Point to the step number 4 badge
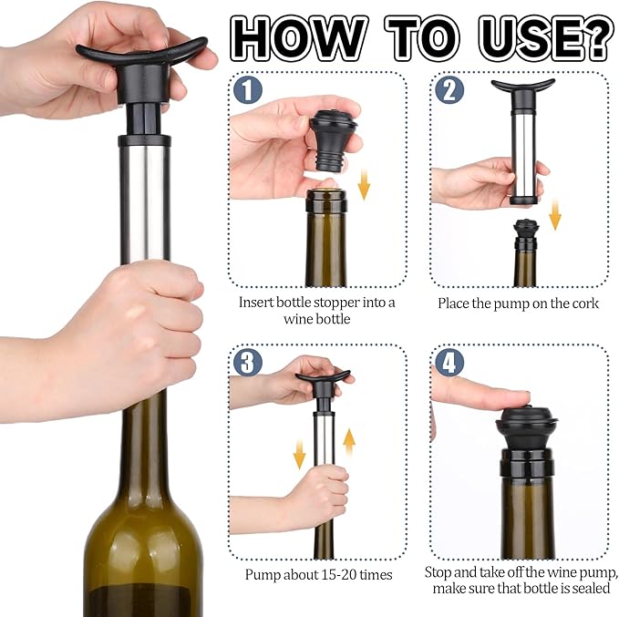coord(449,363)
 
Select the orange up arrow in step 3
coord(349,444)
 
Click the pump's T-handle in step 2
coord(522,87)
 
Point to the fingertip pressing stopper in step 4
coord(511,396)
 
